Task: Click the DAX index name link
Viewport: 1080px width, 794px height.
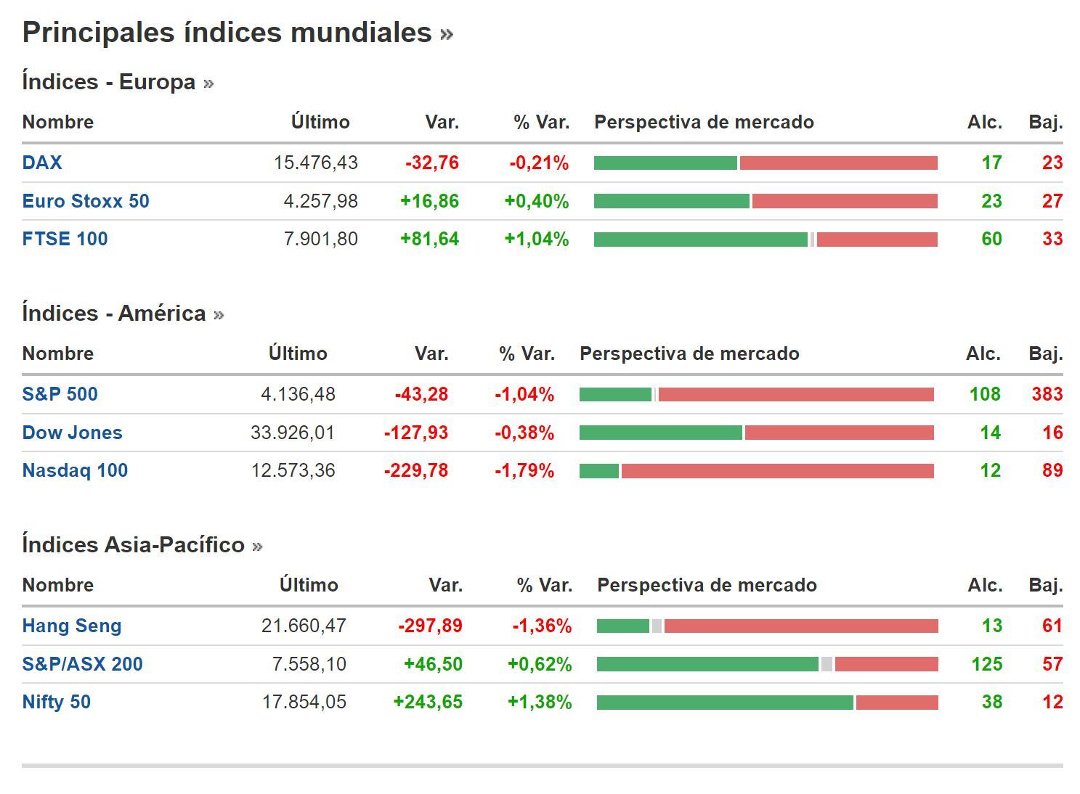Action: point(42,163)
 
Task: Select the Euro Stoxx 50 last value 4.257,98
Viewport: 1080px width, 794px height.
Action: point(320,201)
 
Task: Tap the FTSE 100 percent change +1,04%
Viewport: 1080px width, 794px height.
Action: point(536,239)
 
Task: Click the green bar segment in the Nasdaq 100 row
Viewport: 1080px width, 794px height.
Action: point(598,471)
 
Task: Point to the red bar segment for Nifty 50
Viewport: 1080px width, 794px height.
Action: point(897,703)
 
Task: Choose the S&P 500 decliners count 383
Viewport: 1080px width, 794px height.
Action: point(1047,394)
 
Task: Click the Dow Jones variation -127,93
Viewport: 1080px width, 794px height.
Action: point(415,433)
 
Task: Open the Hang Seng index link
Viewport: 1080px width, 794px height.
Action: point(71,626)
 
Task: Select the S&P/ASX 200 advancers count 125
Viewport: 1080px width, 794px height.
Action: point(986,664)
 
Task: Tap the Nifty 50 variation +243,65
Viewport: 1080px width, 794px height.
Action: point(427,702)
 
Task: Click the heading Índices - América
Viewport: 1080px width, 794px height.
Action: point(114,314)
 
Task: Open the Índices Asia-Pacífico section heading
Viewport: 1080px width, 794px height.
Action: point(133,545)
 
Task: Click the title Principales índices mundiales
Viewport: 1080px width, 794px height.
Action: point(227,33)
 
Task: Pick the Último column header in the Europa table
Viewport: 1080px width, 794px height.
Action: point(320,122)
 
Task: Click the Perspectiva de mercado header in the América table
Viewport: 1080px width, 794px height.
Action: point(689,353)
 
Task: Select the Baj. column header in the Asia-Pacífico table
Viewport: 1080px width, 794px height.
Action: point(1045,585)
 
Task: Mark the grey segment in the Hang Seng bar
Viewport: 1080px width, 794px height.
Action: point(657,626)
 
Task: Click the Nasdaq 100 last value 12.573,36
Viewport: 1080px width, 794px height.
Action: point(293,470)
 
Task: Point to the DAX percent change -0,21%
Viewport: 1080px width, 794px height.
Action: point(538,163)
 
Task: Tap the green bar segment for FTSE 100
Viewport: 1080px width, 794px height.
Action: point(700,240)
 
